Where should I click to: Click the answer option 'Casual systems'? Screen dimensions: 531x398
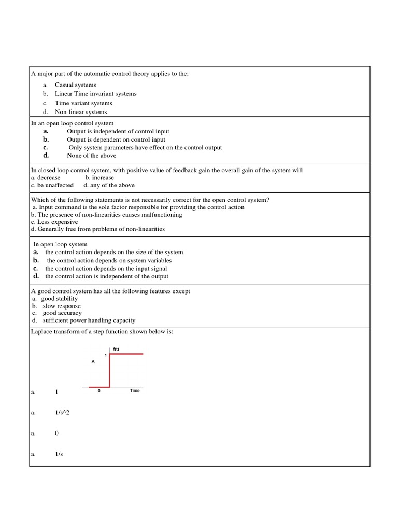coord(75,85)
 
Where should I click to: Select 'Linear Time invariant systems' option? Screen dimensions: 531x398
coord(95,94)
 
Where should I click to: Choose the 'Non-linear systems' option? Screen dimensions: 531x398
coord(81,111)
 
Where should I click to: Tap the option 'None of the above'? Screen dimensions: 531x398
coord(91,155)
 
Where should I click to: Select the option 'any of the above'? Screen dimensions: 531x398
coord(112,185)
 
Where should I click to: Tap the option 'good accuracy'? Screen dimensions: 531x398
coord(62,313)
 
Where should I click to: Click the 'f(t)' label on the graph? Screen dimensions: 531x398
coord(116,349)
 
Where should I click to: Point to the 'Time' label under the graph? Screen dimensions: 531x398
coord(134,390)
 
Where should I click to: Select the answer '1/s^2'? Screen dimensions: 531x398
coord(62,413)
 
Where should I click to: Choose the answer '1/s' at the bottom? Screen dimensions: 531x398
coord(59,454)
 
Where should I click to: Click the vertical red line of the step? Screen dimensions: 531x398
coord(110,370)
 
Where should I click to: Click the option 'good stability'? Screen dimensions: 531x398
coord(60,299)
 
